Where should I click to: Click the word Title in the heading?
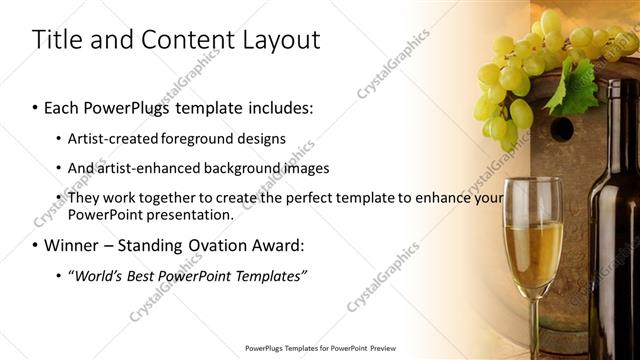click(x=58, y=40)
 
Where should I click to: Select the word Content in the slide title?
click(x=185, y=40)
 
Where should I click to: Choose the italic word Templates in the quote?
click(x=267, y=275)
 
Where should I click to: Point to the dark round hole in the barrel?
click(x=562, y=128)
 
